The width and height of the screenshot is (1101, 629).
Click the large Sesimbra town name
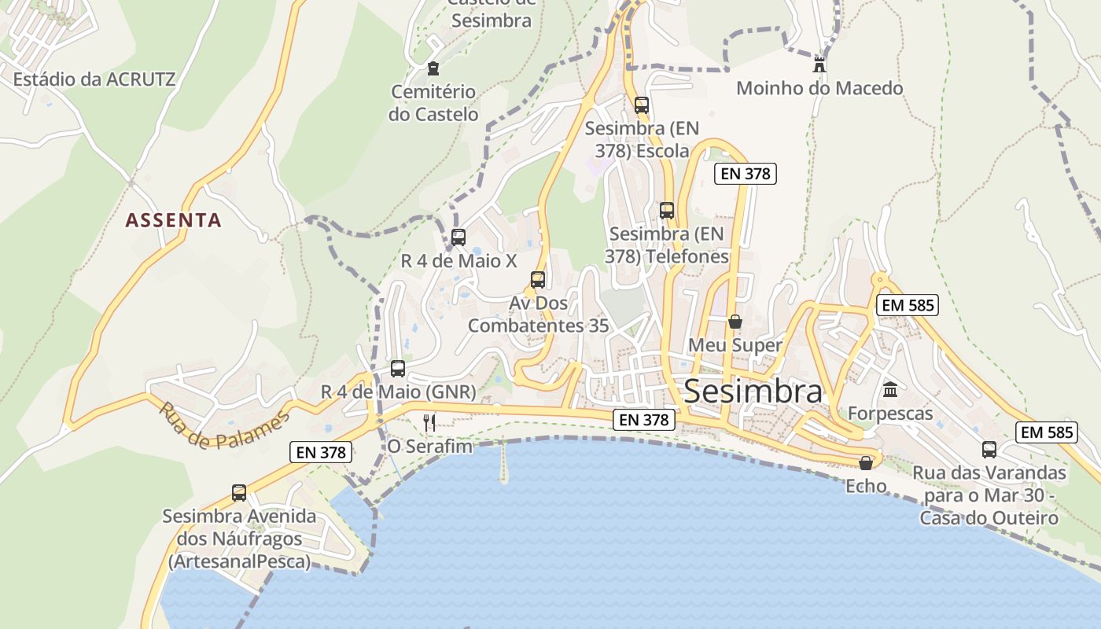753,391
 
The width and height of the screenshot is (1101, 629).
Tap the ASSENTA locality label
173,220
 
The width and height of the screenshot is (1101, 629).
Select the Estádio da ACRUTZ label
94,79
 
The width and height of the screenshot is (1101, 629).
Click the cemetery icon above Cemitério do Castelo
433,68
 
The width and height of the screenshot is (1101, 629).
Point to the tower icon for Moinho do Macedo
819,64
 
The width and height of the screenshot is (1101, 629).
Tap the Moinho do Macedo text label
819,88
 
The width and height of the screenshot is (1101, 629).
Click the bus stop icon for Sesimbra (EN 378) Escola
642,105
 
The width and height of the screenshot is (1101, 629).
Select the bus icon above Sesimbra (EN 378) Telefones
667,210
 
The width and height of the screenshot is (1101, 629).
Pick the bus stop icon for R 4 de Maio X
458,237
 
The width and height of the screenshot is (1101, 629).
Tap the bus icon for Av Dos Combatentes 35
538,279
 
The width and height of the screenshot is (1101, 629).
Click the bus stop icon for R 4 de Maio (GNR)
398,368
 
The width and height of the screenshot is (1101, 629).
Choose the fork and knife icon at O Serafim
429,423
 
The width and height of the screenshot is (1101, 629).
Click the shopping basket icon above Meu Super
735,322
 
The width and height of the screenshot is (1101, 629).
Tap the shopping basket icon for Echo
866,463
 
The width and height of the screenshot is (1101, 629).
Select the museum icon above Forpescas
890,389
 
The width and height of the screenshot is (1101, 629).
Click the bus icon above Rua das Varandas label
989,449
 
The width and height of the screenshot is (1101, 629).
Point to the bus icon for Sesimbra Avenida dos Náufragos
239,492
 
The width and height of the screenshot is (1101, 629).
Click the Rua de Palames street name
223,425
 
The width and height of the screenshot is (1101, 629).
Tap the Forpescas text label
890,414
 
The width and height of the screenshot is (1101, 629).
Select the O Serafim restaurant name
430,447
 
